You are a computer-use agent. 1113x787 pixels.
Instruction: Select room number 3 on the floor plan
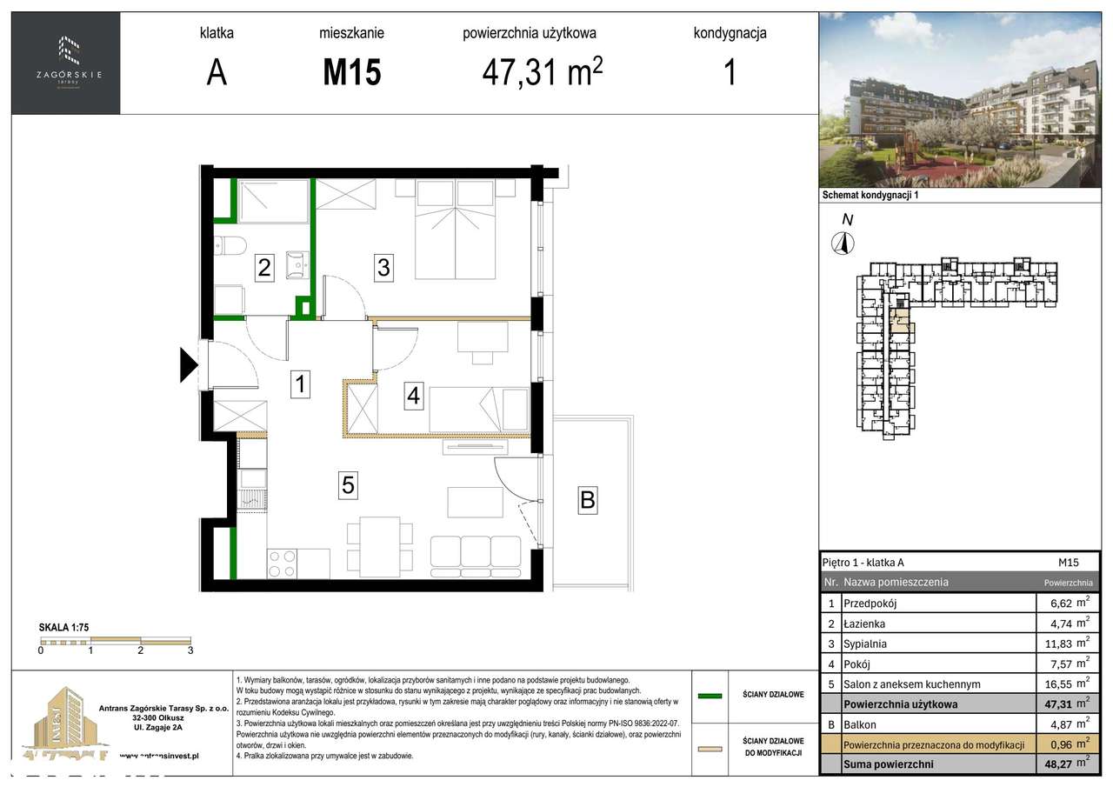click(x=383, y=267)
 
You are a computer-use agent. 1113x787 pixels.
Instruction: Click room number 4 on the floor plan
click(x=414, y=396)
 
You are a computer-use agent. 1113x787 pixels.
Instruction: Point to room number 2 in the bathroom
click(x=263, y=268)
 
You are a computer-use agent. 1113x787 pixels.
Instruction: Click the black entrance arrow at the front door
click(x=189, y=364)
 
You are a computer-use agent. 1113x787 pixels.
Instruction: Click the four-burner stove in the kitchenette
click(x=282, y=564)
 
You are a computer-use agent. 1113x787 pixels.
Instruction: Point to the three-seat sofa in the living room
click(x=476, y=556)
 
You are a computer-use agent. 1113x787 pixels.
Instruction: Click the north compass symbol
click(x=841, y=243)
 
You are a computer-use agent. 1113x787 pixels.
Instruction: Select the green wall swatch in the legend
click(x=710, y=696)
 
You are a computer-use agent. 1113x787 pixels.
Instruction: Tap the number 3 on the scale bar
click(x=190, y=650)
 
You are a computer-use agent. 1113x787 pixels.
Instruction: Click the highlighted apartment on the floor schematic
click(x=900, y=319)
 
